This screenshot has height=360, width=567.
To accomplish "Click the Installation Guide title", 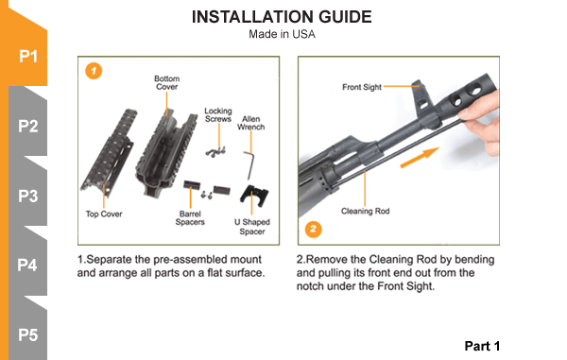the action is click(282, 17).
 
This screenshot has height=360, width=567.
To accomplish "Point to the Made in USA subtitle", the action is click(282, 34).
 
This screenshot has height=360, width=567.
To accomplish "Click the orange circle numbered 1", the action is click(94, 71).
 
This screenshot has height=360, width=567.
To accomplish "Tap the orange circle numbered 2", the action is click(313, 229).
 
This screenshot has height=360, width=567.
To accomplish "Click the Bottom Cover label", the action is click(166, 83).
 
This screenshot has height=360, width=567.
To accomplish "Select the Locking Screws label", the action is click(218, 115).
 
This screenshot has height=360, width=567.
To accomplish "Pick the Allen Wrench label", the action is click(251, 123).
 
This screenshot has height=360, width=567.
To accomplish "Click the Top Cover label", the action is click(104, 214).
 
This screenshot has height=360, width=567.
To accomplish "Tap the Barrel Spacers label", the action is click(190, 218).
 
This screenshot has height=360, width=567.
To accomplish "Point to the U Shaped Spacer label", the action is click(252, 227).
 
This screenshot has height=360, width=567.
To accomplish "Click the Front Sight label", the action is click(362, 87).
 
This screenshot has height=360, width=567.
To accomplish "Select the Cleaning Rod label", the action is click(365, 211).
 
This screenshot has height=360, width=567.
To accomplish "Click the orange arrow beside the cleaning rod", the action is click(420, 158).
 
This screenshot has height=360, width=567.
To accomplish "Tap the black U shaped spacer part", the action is click(254, 196).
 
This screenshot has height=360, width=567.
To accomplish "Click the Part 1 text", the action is click(482, 346).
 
